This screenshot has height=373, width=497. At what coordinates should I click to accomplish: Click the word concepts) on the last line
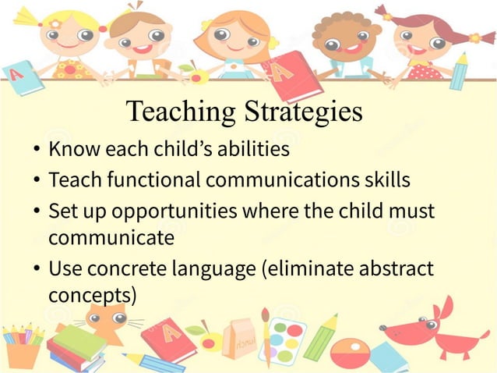click(x=92, y=296)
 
